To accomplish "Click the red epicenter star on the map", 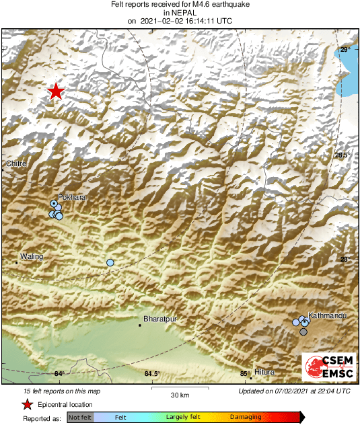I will click(56, 92).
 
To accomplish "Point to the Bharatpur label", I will click(159, 319).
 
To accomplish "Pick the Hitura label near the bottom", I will click(264, 373).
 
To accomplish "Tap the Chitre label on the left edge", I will click(15, 163).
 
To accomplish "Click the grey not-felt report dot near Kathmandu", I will click(303, 332).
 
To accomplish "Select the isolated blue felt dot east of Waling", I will click(110, 262).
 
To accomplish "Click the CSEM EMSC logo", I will click(329, 367).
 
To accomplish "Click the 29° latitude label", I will click(345, 50).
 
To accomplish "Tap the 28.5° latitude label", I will click(343, 155).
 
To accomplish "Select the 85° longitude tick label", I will click(245, 374).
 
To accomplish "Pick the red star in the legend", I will click(28, 404).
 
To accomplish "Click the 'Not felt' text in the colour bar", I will click(79, 418).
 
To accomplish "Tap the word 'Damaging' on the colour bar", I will click(246, 418).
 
